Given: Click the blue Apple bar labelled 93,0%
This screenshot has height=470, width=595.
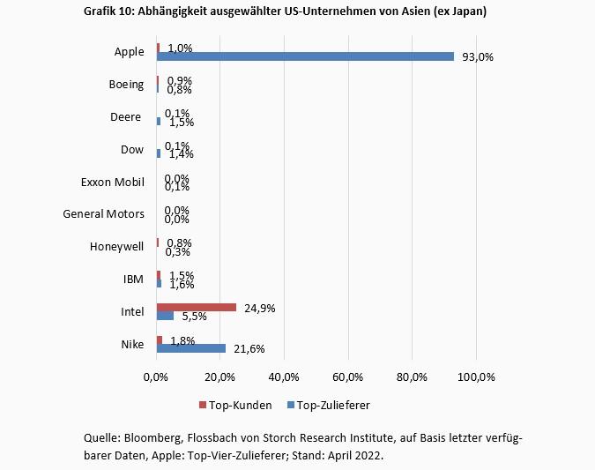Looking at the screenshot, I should pyautogui.click(x=305, y=56).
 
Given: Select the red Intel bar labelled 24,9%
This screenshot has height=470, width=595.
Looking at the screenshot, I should pyautogui.click(x=196, y=307).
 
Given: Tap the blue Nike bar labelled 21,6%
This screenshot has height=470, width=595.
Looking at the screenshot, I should pyautogui.click(x=191, y=348).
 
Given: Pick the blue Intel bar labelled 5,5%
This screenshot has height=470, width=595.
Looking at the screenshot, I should pyautogui.click(x=165, y=315).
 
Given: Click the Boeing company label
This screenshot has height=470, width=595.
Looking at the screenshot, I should pyautogui.click(x=125, y=84).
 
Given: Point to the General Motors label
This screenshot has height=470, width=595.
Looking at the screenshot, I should pyautogui.click(x=103, y=213).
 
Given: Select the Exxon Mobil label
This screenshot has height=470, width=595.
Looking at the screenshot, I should pyautogui.click(x=112, y=182).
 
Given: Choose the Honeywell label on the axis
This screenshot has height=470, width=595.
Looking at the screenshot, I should pyautogui.click(x=116, y=246).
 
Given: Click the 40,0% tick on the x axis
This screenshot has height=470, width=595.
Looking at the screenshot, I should pyautogui.click(x=284, y=377).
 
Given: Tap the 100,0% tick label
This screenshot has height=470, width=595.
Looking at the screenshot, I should pyautogui.click(x=476, y=377).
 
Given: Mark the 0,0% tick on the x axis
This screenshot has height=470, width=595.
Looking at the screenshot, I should pyautogui.click(x=156, y=377).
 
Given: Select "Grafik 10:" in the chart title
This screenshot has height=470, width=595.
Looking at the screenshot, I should pyautogui.click(x=110, y=11).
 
